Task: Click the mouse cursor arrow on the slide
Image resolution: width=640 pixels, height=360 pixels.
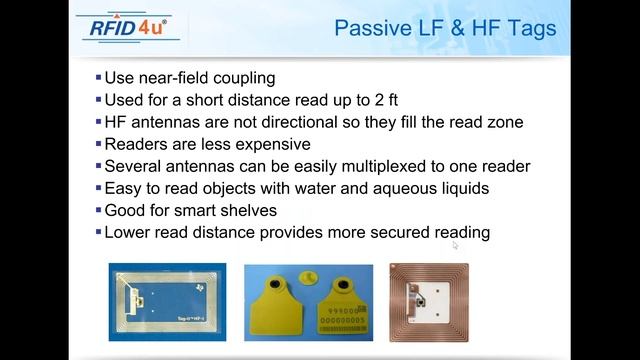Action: coord(455,244)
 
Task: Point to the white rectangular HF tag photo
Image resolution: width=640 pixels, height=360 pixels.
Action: coord(167,300)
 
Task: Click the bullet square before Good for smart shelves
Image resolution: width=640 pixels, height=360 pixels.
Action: coord(98,210)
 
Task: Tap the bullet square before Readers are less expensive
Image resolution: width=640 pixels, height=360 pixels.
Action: coord(98,143)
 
